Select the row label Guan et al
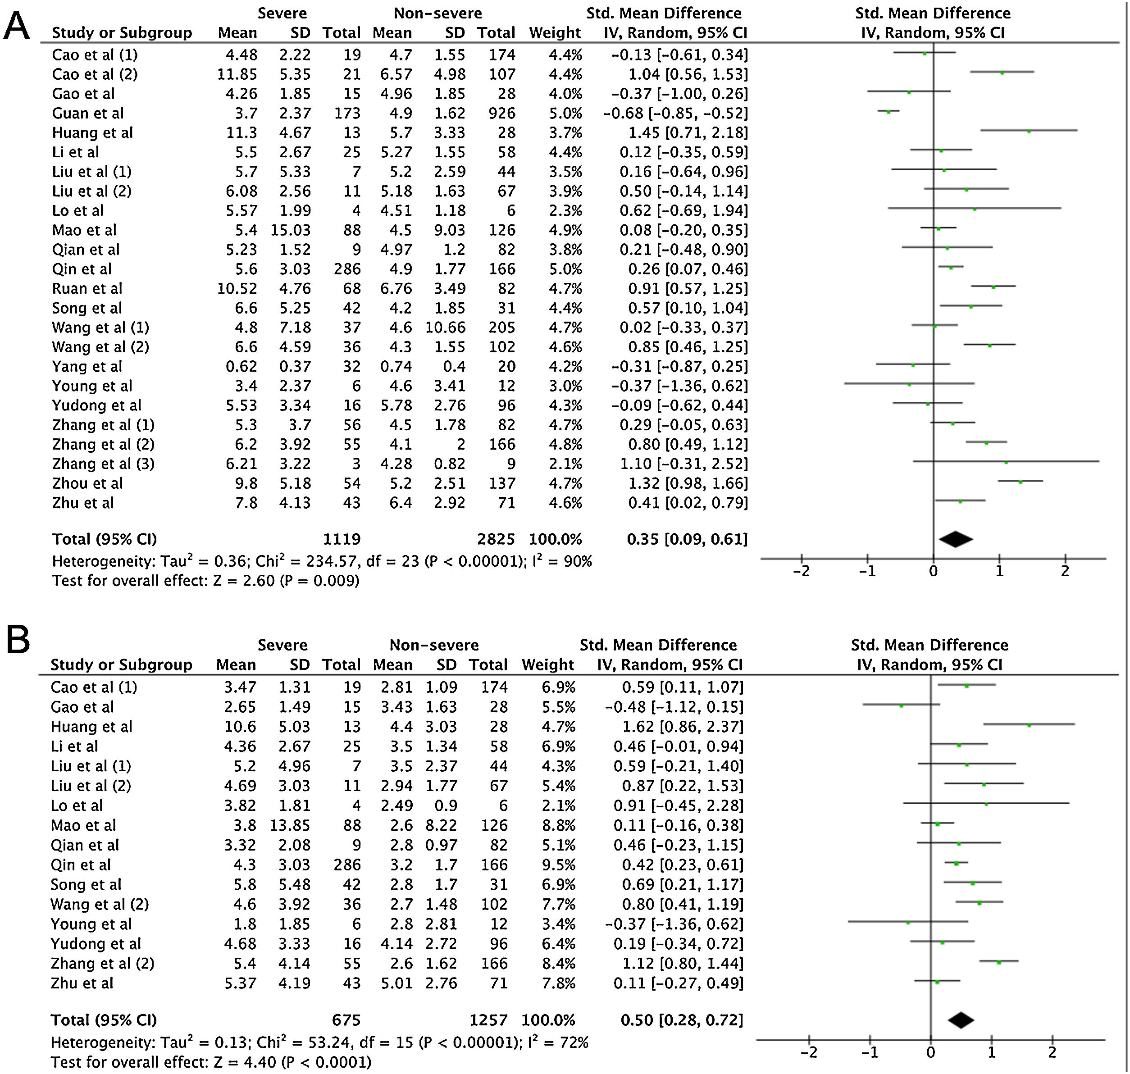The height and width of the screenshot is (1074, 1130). (87, 114)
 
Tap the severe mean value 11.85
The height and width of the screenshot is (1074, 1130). (237, 74)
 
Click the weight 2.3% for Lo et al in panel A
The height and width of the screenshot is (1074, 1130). (565, 211)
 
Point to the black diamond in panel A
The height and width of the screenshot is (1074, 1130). (955, 539)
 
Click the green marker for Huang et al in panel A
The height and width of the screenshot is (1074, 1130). (1029, 131)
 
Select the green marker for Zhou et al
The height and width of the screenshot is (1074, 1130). (1020, 482)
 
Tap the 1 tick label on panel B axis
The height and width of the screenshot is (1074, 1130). (992, 1052)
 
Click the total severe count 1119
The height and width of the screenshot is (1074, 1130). (342, 539)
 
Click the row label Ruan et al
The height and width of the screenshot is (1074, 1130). (87, 288)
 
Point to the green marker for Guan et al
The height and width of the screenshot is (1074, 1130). (889, 112)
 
